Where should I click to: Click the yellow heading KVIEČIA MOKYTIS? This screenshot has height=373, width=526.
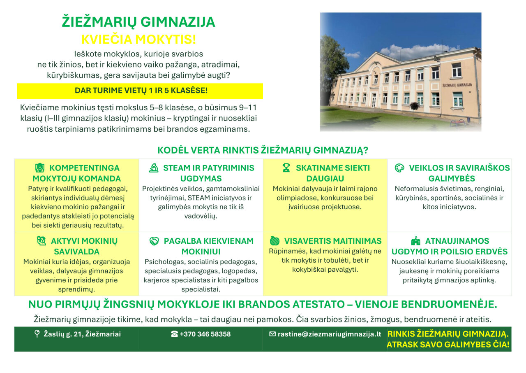click(138, 39)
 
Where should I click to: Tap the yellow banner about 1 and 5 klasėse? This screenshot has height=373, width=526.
click(140, 91)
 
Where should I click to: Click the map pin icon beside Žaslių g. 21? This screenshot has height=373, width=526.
click(37, 334)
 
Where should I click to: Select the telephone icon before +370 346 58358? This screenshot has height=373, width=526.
click(174, 334)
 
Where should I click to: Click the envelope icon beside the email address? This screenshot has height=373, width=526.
click(272, 334)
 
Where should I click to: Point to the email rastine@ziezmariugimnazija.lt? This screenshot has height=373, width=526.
click(329, 334)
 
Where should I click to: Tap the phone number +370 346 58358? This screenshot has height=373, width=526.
click(205, 334)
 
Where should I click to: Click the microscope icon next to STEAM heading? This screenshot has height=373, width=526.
click(154, 168)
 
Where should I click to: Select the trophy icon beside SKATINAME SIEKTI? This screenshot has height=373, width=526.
click(286, 168)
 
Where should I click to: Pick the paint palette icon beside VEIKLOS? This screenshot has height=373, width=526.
click(399, 168)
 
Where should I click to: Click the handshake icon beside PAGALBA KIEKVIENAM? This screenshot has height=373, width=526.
click(154, 241)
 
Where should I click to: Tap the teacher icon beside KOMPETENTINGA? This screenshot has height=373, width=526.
click(40, 168)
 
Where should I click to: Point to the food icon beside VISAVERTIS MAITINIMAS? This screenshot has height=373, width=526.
click(275, 241)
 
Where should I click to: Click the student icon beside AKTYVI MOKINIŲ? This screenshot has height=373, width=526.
click(42, 241)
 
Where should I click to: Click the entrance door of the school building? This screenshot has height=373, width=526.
click(374, 100)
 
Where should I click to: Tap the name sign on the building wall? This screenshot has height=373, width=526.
click(457, 85)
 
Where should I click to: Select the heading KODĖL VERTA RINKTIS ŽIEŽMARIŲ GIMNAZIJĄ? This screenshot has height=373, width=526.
click(263, 150)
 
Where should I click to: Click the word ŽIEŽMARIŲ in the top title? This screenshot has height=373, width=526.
click(99, 22)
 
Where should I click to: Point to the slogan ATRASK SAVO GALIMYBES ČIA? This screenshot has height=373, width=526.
click(448, 345)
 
